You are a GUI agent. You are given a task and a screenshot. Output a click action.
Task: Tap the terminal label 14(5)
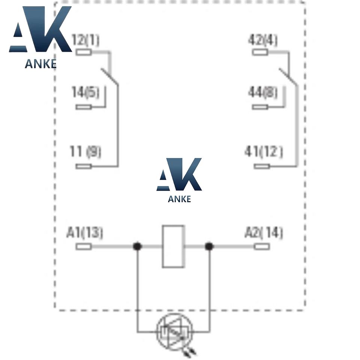(85, 92)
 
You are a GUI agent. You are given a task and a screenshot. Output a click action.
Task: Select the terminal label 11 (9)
(85, 152)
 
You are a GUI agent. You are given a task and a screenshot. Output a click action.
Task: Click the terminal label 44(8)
(263, 92)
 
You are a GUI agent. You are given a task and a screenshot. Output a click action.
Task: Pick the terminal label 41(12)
(264, 152)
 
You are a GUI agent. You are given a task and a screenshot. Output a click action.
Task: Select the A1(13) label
(85, 233)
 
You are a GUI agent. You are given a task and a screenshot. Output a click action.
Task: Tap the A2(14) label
(264, 233)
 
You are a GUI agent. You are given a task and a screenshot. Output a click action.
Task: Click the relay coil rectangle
(173, 246)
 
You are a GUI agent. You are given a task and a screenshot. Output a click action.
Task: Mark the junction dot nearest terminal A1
(138, 246)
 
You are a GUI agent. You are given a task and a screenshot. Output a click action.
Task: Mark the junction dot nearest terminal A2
(209, 246)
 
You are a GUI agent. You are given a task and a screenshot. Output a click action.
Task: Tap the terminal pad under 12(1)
(84, 52)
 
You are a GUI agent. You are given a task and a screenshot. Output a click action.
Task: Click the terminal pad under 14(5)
(84, 107)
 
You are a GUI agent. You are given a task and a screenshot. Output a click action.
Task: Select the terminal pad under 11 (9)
(84, 166)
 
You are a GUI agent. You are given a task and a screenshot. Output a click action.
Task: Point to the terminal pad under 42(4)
(259, 52)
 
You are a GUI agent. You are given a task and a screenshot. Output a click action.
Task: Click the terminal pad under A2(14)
(262, 246)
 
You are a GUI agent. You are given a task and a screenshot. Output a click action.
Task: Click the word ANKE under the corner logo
(40, 64)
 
